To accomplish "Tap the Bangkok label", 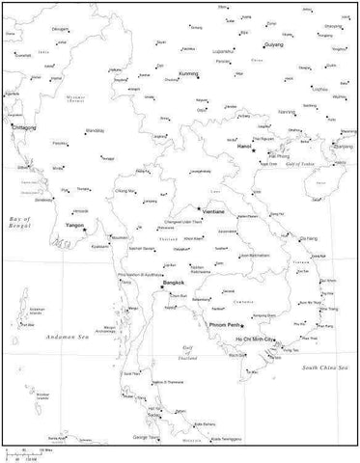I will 174,282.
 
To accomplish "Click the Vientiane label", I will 214,211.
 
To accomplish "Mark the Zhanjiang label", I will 342,146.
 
